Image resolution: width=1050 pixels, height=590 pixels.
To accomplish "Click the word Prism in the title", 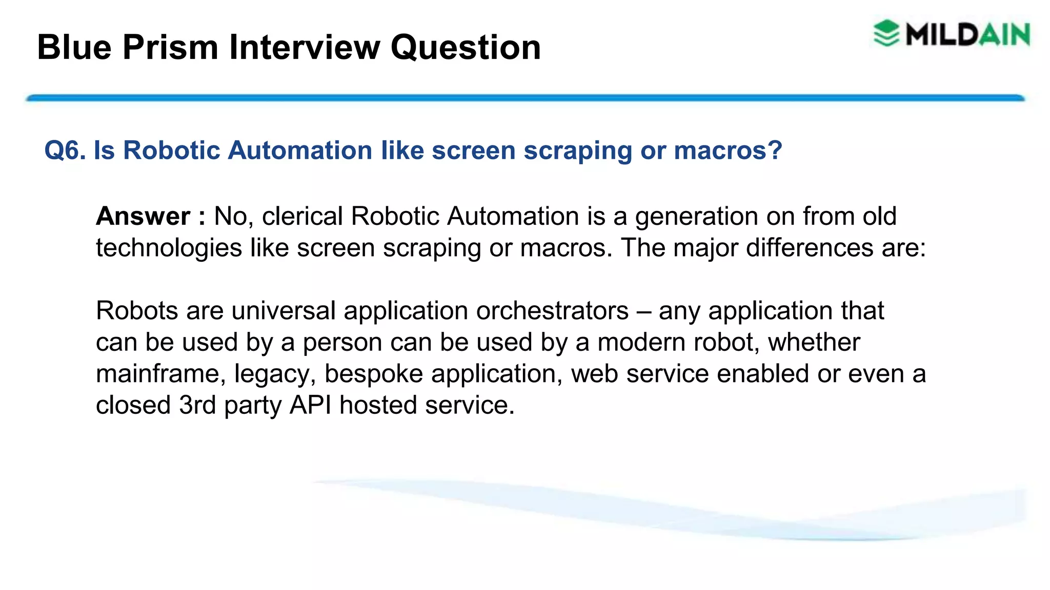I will point(170,48).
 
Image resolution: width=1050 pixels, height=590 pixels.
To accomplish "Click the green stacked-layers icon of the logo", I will point(886,34).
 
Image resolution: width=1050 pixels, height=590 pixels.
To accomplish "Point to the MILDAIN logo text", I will point(967,35).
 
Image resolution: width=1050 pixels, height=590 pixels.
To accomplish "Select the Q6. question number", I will point(65,151).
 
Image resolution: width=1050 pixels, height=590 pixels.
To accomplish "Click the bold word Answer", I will point(143,216).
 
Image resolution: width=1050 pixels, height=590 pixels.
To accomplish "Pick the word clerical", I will point(302,216).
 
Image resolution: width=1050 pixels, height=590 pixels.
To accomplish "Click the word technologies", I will point(169,248).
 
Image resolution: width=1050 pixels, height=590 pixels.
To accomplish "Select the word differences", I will point(810,248).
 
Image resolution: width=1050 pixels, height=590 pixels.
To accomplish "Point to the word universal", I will point(283,311).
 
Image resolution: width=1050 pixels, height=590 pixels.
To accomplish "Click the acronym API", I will point(310,406).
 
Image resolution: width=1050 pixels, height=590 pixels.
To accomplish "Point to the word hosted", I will point(378,406).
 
